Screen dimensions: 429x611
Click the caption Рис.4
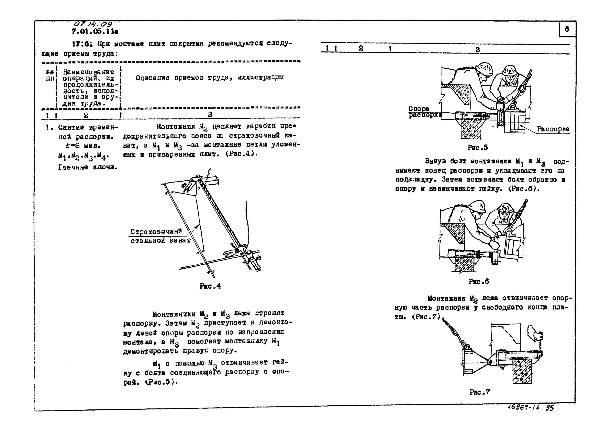click(x=210, y=286)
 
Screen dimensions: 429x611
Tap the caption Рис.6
click(x=479, y=281)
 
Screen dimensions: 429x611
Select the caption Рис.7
click(x=480, y=392)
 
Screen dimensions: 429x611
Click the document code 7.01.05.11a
click(x=95, y=32)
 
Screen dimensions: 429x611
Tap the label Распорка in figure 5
click(x=553, y=129)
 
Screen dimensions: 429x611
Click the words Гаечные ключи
click(x=88, y=167)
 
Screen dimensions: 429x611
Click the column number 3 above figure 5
click(x=477, y=49)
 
